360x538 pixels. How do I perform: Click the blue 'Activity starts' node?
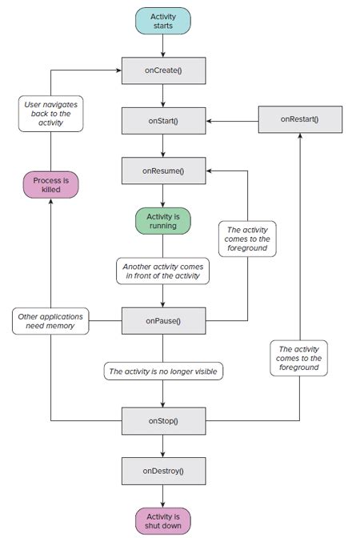[163, 20]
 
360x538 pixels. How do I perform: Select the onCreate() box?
[163, 71]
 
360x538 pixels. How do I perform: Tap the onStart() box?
[163, 121]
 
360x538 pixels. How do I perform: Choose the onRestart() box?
[299, 120]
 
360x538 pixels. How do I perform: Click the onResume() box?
[163, 171]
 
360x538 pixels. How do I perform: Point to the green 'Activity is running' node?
[163, 220]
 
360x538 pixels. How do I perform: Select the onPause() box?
[163, 320]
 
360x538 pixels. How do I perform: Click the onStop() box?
[163, 420]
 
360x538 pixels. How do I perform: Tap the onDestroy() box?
[163, 470]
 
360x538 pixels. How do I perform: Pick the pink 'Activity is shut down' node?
[163, 520]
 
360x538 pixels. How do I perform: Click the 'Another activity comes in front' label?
[163, 271]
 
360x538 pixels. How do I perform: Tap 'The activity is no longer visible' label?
[163, 371]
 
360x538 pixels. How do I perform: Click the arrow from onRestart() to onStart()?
[232, 121]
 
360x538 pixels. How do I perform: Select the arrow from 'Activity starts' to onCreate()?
[163, 46]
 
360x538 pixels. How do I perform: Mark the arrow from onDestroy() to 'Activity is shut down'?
[163, 495]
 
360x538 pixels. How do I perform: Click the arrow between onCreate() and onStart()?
[163, 96]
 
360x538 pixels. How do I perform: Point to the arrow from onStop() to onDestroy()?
[163, 445]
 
